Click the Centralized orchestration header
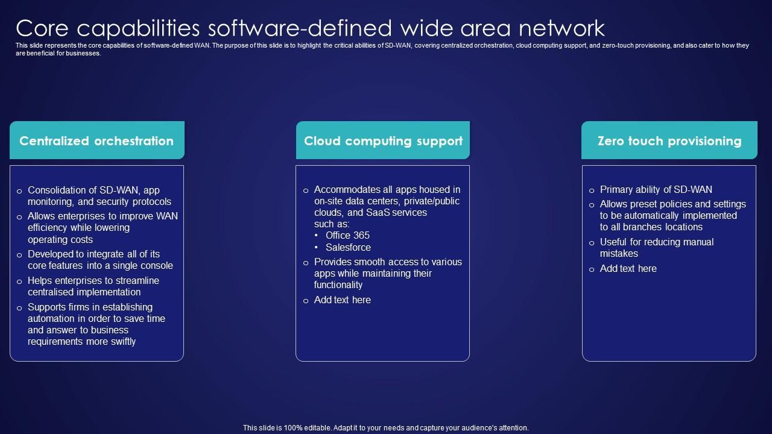(x=96, y=141)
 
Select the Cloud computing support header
(x=383, y=141)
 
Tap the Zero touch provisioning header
(x=669, y=141)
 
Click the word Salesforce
(x=348, y=248)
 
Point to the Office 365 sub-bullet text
(x=347, y=236)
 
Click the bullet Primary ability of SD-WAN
(x=656, y=190)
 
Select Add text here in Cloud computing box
(x=342, y=300)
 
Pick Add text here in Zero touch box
(x=628, y=269)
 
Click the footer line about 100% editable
(x=386, y=428)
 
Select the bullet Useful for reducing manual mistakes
(x=656, y=248)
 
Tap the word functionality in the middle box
(x=338, y=285)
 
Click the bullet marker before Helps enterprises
(x=20, y=281)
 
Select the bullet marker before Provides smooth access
(x=306, y=263)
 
